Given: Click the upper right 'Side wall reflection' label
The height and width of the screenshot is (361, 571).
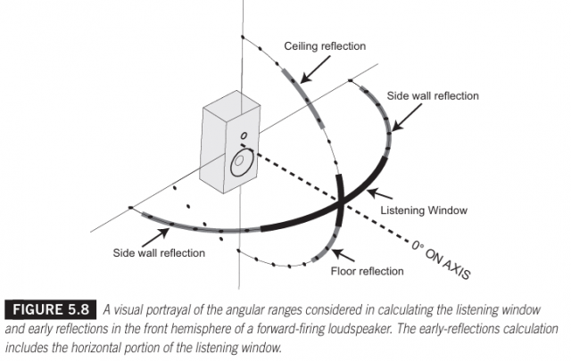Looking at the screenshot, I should pyautogui.click(x=433, y=95).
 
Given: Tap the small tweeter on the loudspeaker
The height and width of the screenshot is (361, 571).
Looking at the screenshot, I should pyautogui.click(x=242, y=137).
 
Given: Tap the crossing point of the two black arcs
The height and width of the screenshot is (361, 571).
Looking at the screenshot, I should pyautogui.click(x=341, y=204).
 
